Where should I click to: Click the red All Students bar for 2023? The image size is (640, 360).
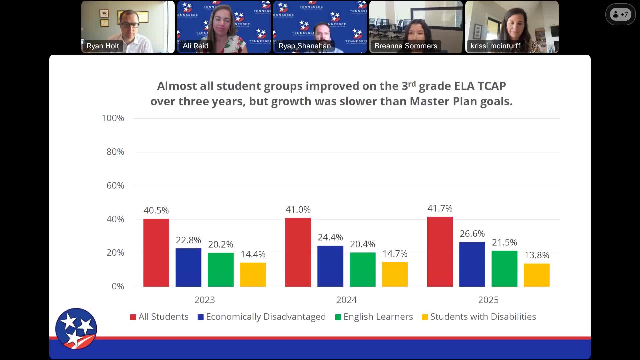click(x=156, y=252)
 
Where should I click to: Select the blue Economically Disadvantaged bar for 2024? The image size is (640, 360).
click(x=330, y=266)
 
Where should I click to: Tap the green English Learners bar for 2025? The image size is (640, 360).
click(x=504, y=268)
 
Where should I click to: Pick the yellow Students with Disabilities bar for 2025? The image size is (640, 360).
click(x=536, y=275)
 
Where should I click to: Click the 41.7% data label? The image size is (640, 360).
click(x=440, y=208)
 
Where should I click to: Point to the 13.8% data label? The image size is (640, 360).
click(x=536, y=255)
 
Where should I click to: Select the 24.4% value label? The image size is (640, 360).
click(x=330, y=237)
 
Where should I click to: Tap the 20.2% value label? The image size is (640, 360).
click(x=220, y=244)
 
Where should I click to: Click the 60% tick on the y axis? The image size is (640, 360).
click(x=115, y=185)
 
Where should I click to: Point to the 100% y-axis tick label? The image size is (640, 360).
click(x=113, y=118)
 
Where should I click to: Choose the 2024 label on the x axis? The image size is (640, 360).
click(x=346, y=300)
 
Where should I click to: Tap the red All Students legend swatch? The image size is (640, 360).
click(x=133, y=317)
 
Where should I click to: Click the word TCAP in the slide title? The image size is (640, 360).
click(x=491, y=86)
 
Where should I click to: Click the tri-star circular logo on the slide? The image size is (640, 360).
click(x=76, y=328)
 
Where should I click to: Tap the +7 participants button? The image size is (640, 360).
click(x=620, y=14)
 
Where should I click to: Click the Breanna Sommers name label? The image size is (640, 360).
click(x=405, y=46)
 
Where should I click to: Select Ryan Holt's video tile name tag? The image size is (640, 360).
click(x=103, y=46)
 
